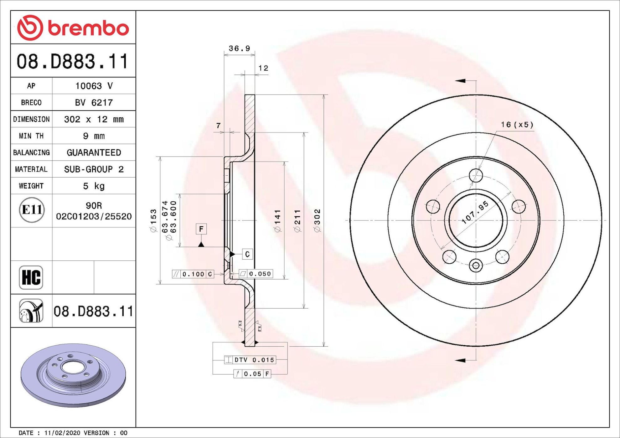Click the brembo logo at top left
73,28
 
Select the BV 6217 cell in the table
94,102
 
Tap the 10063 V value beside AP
94,86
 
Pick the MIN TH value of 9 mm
94,136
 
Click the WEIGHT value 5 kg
94,186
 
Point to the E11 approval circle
32,210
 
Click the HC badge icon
31,277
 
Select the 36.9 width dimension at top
239,48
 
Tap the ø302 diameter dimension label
318,220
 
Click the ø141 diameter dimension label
277,221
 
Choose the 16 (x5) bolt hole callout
517,125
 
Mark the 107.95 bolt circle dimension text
475,213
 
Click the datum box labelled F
201,229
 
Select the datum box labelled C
247,254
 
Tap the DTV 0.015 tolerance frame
250,360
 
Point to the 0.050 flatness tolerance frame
256,274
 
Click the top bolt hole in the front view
476,175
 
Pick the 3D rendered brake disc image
73,375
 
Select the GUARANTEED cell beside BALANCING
94,152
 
